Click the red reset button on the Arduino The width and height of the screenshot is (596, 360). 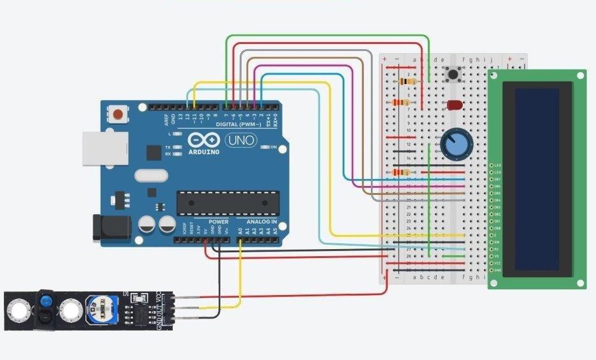(x=118, y=115)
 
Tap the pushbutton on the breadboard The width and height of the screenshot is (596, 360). (x=454, y=75)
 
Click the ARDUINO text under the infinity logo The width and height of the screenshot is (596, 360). (x=204, y=152)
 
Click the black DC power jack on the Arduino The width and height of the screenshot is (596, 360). (x=110, y=228)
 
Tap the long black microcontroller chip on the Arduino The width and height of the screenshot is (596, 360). (x=228, y=203)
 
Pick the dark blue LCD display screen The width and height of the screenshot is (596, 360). (x=537, y=178)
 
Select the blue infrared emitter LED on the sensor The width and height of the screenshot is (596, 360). (x=45, y=301)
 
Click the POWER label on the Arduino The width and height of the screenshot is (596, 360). (x=218, y=222)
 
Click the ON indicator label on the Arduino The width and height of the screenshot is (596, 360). (x=273, y=147)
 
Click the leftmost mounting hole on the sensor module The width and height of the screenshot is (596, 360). (x=17, y=311)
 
